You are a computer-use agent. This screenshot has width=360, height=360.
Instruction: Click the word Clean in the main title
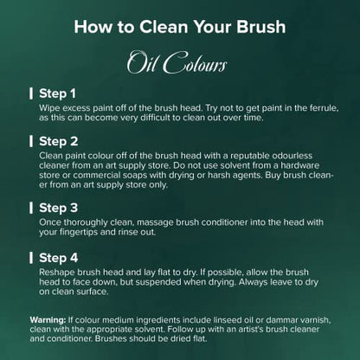pos(164,27)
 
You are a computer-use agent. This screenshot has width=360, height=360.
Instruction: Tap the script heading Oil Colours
pos(177,62)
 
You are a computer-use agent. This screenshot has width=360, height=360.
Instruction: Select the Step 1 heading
pos(57,93)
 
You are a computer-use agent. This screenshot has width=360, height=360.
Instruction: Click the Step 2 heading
pos(59,141)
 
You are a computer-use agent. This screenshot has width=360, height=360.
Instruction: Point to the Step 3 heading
pos(59,208)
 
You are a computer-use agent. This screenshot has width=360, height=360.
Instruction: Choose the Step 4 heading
pos(59,258)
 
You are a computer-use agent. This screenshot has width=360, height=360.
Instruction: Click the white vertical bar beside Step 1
pos(31,93)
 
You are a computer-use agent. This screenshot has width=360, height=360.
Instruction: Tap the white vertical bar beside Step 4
pos(31,258)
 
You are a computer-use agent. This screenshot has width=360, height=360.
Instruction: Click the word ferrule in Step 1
pos(324,108)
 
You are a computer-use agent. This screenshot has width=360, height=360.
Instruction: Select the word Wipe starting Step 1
pos(49,108)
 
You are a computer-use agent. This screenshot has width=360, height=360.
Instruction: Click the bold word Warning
pos(48,320)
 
